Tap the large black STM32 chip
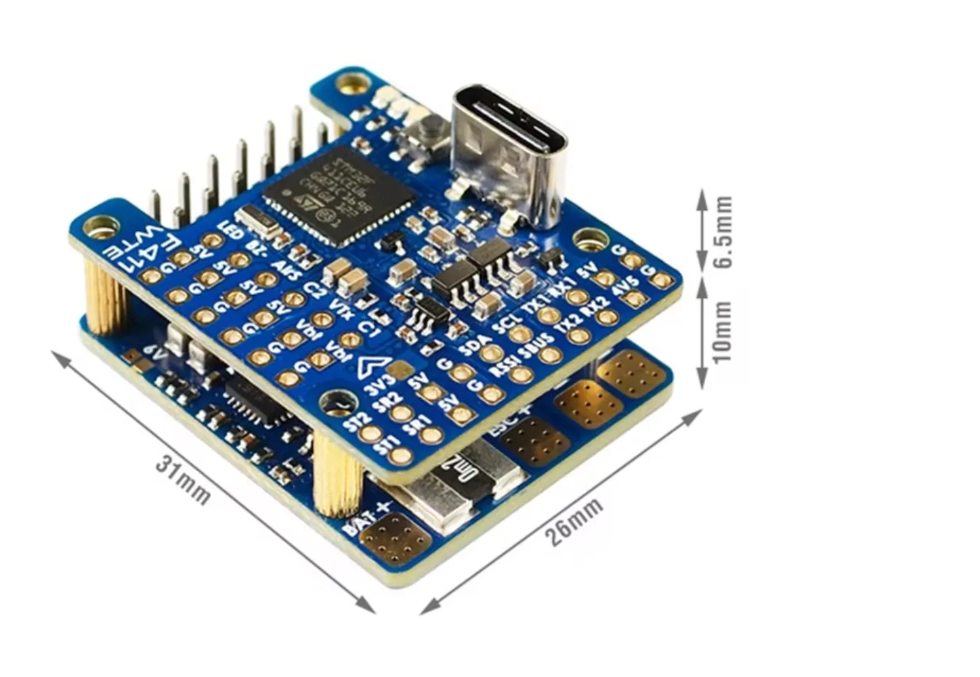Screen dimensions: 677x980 339,196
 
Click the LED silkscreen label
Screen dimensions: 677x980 231,230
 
